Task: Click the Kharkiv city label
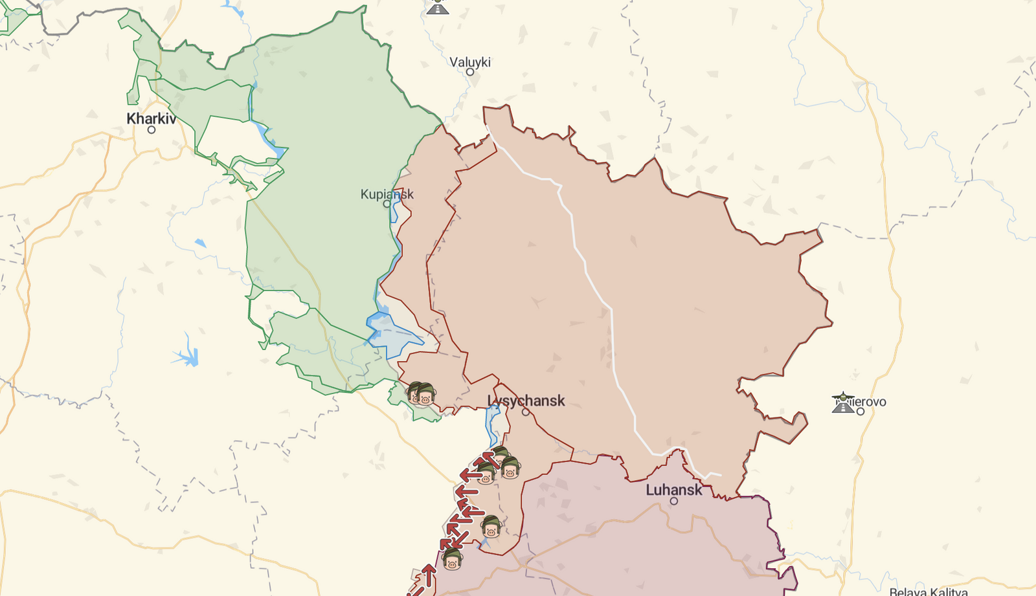[x=151, y=118]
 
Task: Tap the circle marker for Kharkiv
[x=152, y=130]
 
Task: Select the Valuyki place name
[x=470, y=62]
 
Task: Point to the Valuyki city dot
[x=470, y=72]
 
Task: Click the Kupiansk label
[x=387, y=193]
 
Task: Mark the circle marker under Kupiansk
[x=387, y=204]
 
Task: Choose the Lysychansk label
[x=526, y=401]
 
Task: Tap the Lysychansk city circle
[x=526, y=412]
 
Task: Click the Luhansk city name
[x=673, y=490]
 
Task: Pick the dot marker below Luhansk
[x=674, y=501]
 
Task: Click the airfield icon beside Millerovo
[x=843, y=403]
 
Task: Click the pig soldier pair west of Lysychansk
[x=421, y=393]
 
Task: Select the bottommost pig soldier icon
[x=452, y=559]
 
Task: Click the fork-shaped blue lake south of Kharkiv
[x=188, y=355]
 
